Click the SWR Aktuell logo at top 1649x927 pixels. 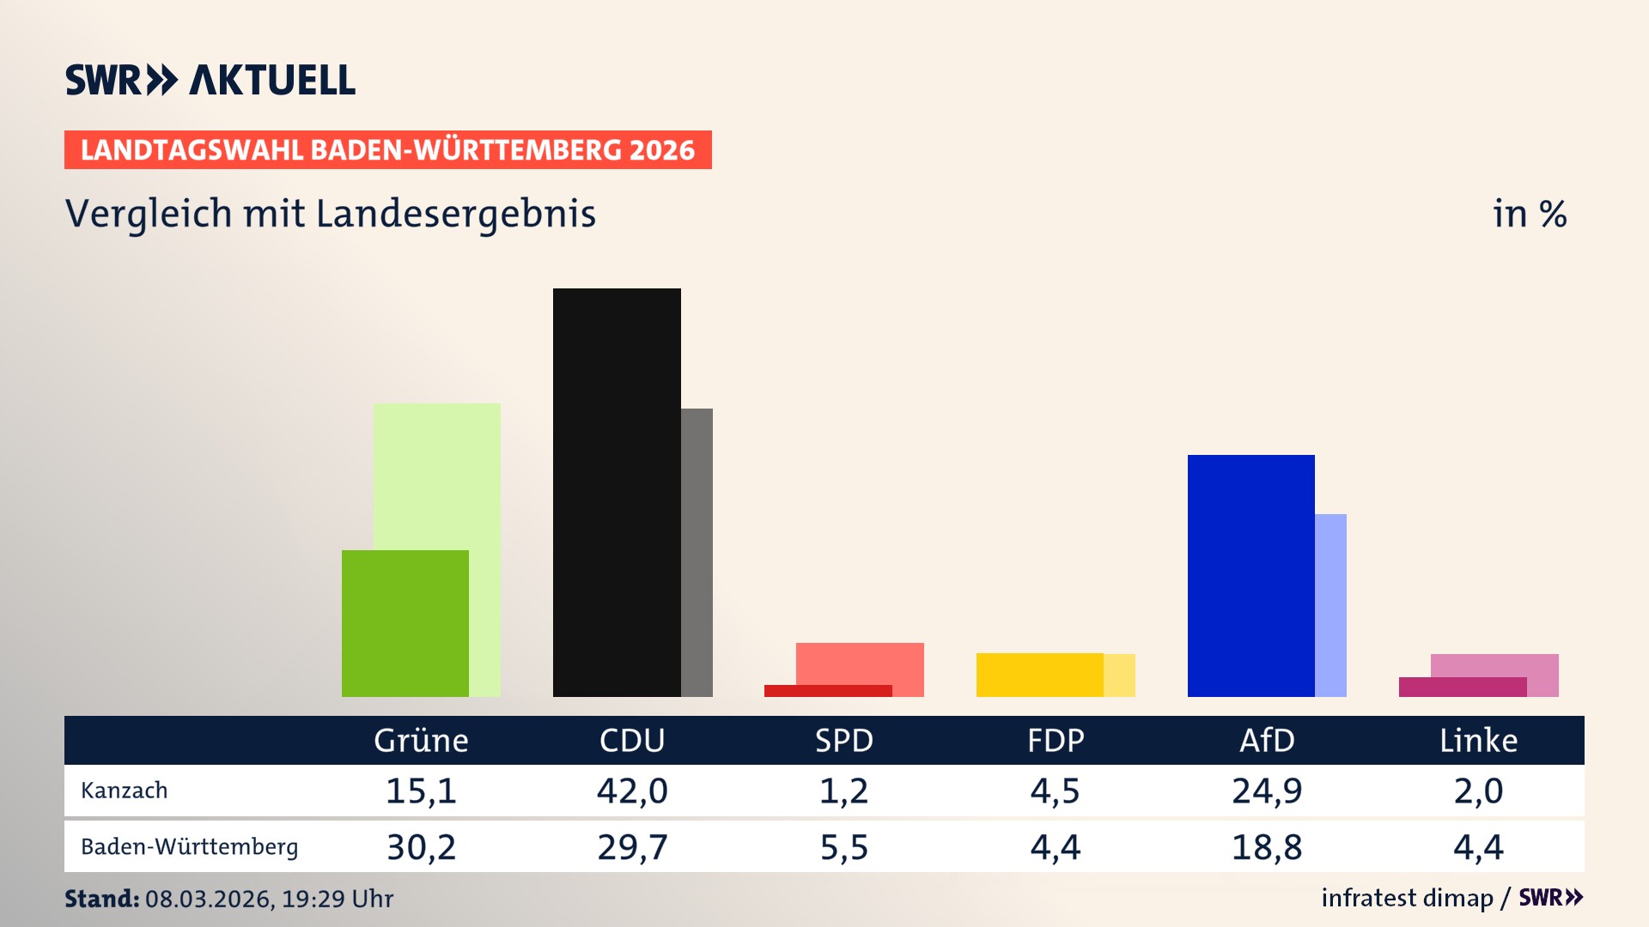[x=210, y=80]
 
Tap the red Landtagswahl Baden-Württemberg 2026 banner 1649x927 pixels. [x=387, y=150]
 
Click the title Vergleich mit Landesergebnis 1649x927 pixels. [x=330, y=214]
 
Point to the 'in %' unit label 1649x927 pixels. [x=1529, y=215]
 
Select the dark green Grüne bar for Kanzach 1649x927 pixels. [x=405, y=623]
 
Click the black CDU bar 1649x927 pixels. [x=617, y=492]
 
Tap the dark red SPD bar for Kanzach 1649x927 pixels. [x=827, y=691]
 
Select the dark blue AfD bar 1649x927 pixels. [x=1250, y=575]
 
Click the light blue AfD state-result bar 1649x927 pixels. [x=1330, y=605]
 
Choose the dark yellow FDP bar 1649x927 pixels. [x=1039, y=675]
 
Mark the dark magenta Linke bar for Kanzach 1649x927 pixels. [x=1462, y=687]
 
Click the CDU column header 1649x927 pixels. [x=632, y=741]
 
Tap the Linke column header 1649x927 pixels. [x=1478, y=741]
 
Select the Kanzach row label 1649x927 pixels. [x=125, y=791]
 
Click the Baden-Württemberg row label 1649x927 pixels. [x=189, y=847]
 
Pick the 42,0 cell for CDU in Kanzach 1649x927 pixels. [x=632, y=791]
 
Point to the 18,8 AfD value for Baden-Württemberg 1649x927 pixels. [x=1267, y=847]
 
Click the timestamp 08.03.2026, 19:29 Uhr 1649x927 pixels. [x=269, y=899]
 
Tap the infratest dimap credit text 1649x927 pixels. [x=1407, y=898]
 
